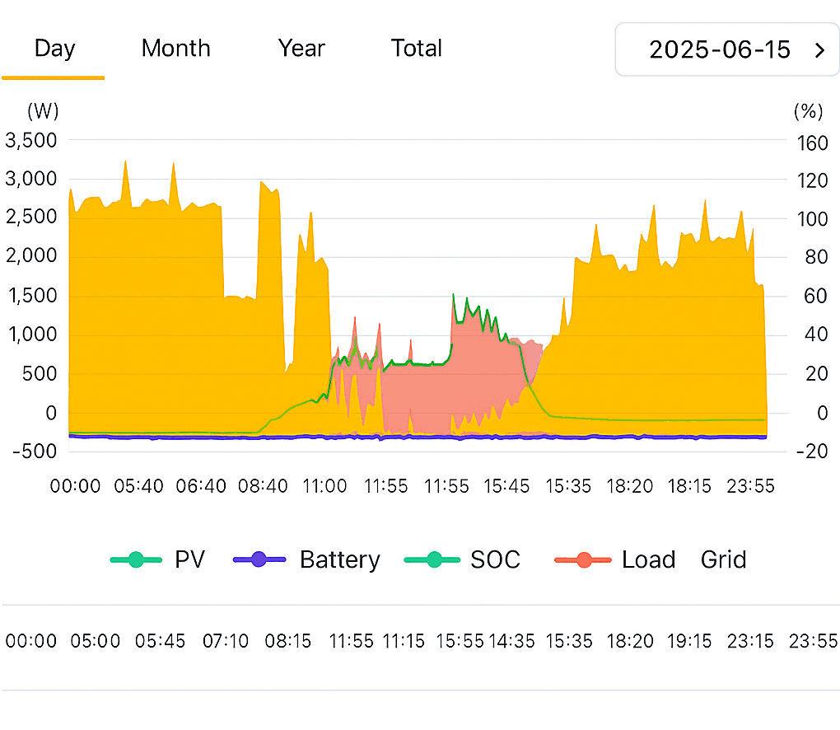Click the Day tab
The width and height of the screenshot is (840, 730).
(x=54, y=49)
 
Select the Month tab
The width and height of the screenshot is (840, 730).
(x=175, y=49)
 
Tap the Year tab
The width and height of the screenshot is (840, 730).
(x=301, y=49)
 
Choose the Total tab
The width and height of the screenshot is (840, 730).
(x=417, y=49)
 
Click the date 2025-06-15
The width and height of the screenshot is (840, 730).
(x=720, y=49)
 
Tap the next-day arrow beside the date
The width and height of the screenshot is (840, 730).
(x=819, y=50)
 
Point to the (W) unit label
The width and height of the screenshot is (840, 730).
(x=43, y=110)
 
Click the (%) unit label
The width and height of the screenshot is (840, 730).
(x=808, y=110)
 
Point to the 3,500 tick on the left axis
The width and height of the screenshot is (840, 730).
(x=31, y=140)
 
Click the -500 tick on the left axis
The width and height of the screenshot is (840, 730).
(x=33, y=452)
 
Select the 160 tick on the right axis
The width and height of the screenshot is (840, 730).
(x=812, y=143)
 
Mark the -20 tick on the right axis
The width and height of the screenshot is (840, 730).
(x=812, y=452)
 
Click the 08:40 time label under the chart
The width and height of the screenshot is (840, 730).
(x=263, y=486)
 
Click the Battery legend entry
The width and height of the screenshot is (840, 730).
(x=339, y=560)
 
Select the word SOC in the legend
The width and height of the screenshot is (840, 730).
(x=495, y=560)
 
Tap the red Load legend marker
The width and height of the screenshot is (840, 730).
(x=583, y=560)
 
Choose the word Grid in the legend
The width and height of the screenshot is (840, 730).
(x=723, y=560)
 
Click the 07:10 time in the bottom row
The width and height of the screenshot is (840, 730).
(x=226, y=641)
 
